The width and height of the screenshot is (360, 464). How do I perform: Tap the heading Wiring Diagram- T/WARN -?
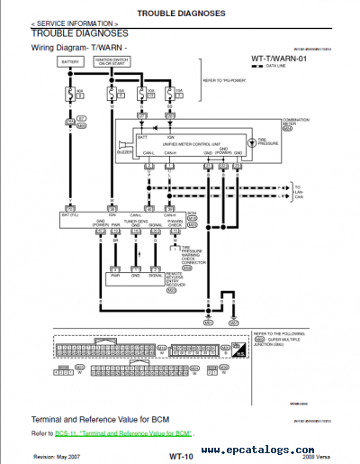click(x=79, y=46)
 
